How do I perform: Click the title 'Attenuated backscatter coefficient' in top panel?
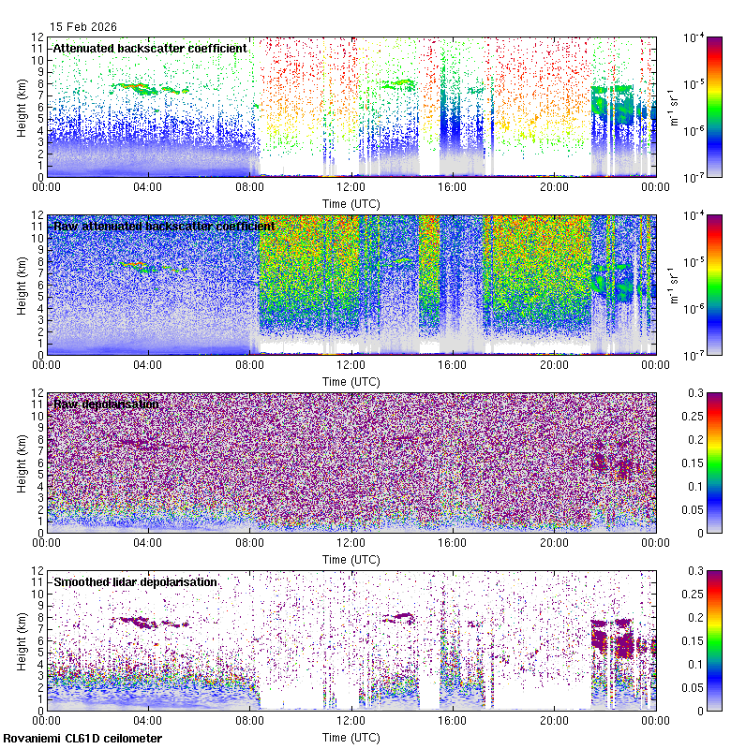150,48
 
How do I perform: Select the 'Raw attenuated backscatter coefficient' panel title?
164,226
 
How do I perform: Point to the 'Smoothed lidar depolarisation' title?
136,581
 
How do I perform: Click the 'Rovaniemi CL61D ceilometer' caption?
82,739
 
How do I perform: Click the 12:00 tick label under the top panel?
351,186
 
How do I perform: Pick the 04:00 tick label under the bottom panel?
148,720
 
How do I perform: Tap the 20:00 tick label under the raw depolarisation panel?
554,542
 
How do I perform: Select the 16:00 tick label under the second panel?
453,364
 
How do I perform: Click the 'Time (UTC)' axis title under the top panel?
351,202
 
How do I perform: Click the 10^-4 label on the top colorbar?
694,38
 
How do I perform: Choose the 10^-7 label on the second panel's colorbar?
694,355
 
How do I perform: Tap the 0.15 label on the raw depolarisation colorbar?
697,463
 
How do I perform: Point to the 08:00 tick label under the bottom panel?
249,720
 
